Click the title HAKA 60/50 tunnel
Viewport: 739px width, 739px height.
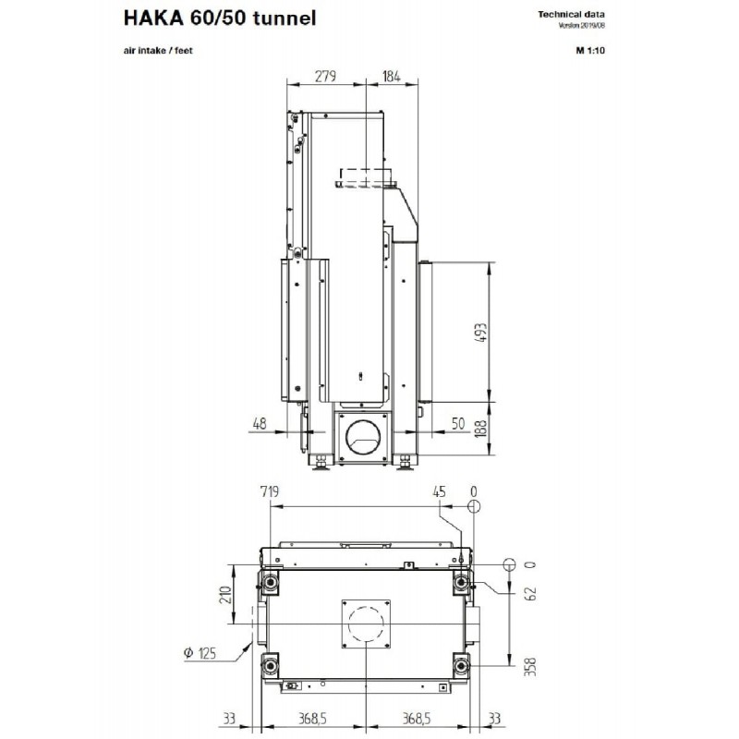click(x=220, y=18)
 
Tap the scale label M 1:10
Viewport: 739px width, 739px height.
click(x=590, y=51)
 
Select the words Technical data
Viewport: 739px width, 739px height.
click(x=571, y=15)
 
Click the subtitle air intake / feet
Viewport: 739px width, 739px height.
click(x=158, y=51)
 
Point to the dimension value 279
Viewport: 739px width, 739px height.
click(x=326, y=76)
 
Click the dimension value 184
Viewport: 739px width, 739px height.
click(x=391, y=76)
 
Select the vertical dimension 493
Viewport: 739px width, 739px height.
click(x=481, y=333)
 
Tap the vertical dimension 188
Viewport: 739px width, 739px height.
click(x=480, y=428)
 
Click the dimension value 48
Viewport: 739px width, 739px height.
click(x=260, y=423)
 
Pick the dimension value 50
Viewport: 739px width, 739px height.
click(x=458, y=423)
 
